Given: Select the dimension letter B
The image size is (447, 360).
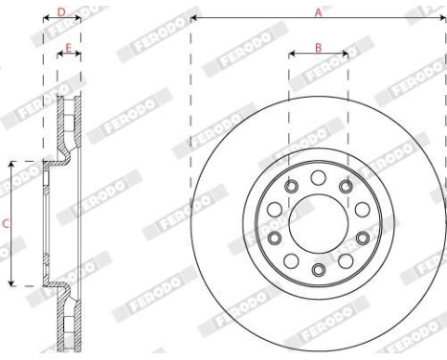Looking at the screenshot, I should pos(318,47).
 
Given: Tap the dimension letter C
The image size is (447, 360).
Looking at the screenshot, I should pos(7,224).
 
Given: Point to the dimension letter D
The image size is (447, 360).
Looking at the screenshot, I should pos(61,11).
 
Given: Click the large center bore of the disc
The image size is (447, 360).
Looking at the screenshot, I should pos(318,223).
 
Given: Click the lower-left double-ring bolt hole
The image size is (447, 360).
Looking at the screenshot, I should pos(274,237).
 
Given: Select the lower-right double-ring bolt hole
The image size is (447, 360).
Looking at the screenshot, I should pos(363,237).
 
